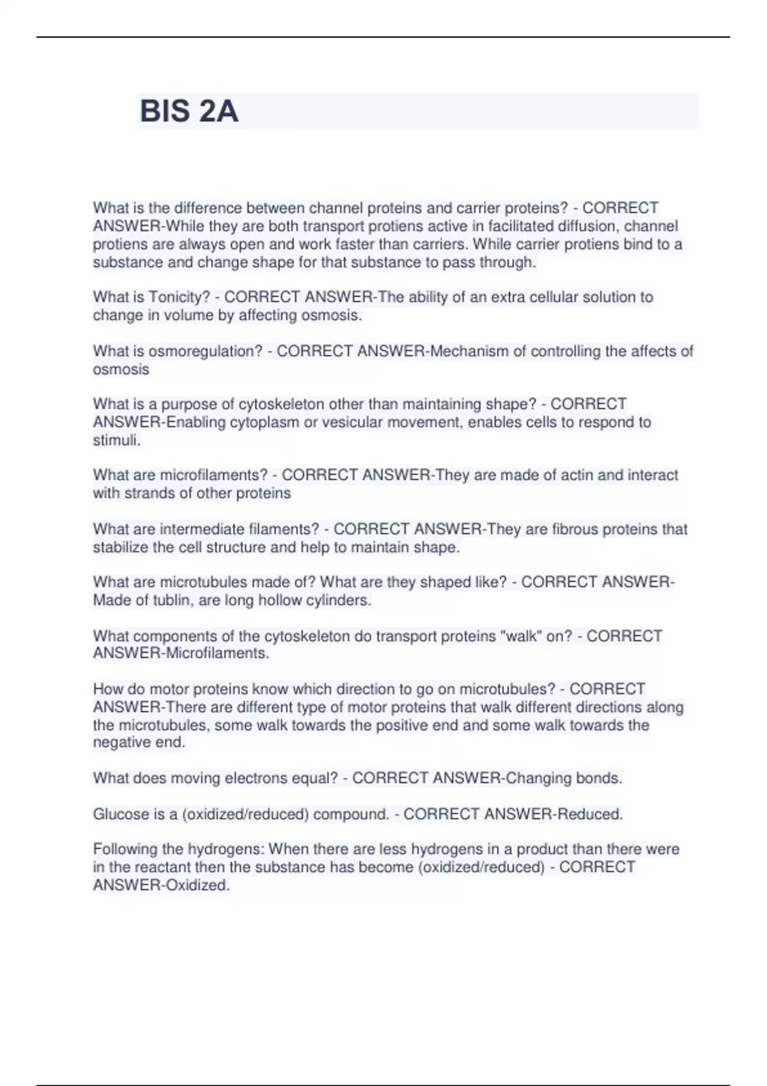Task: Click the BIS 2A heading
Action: [189, 111]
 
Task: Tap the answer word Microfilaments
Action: [217, 654]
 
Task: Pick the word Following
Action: [125, 850]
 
